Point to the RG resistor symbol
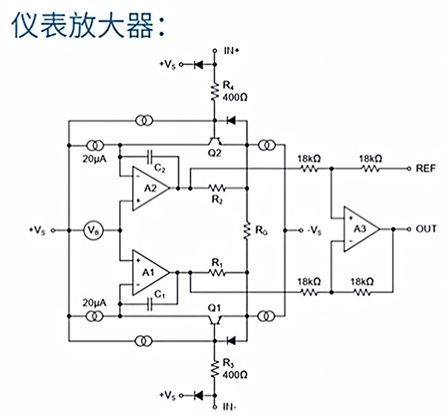(x=246, y=229)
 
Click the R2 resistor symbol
(x=216, y=188)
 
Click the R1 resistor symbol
(x=216, y=272)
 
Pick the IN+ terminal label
(x=231, y=51)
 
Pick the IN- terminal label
(x=230, y=408)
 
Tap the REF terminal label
(x=427, y=169)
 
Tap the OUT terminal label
(x=427, y=229)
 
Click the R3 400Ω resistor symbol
(x=214, y=369)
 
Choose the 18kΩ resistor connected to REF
(x=369, y=169)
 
